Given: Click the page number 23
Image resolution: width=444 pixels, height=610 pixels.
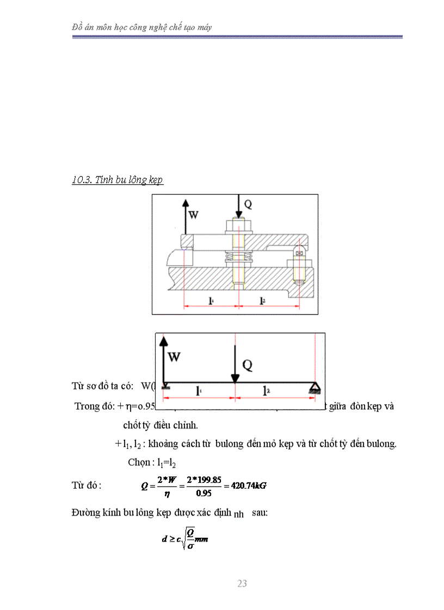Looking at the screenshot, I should click(x=242, y=583).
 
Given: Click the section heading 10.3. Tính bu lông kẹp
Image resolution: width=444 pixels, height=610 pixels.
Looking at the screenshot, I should click(x=118, y=180).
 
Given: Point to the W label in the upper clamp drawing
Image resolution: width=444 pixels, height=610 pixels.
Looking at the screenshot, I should click(x=193, y=215).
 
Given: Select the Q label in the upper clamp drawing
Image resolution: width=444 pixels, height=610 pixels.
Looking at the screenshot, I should click(x=248, y=204).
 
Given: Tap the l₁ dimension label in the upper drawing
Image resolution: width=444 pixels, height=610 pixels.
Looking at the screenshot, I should click(x=211, y=300).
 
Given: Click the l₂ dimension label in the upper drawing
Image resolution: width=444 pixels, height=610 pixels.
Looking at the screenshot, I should click(x=262, y=300).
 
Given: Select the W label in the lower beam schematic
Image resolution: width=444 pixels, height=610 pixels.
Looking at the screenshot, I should click(x=175, y=357).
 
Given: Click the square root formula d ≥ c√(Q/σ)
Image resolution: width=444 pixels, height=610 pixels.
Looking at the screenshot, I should click(x=186, y=539).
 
